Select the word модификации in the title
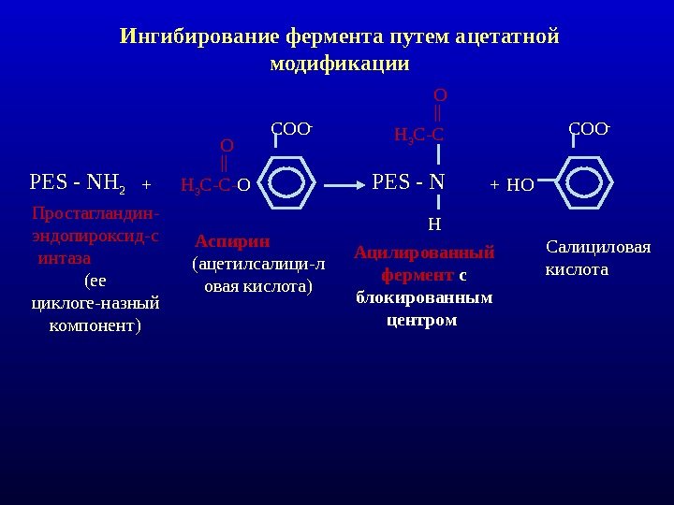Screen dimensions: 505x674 pos(339,65)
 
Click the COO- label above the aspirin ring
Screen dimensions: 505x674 pos(291,128)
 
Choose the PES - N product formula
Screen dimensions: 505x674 pos(408,180)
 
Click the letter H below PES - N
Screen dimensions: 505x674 pos(433,224)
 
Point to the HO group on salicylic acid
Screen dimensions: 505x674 pos(520,185)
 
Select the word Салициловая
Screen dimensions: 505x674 pos(597,248)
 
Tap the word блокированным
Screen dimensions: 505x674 pos(423,298)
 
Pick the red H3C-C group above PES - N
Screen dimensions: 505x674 pos(418,137)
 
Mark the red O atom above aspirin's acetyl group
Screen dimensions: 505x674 pos(227,146)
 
